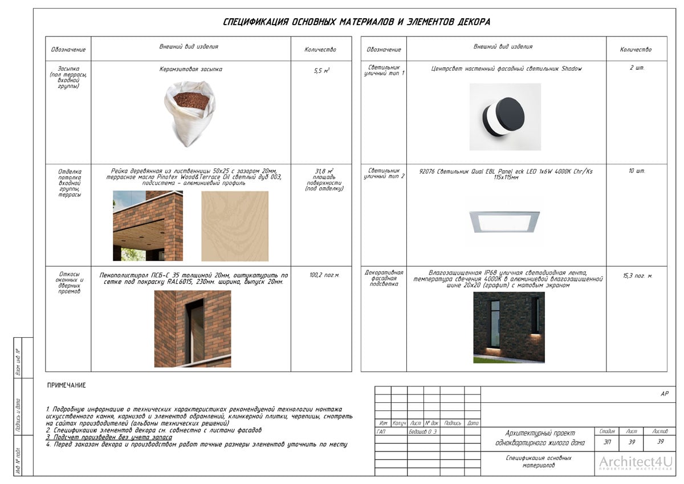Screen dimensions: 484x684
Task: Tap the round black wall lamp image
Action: [x=504, y=117]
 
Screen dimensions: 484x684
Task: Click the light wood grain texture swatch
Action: [x=234, y=226]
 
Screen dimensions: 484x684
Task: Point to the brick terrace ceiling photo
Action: [x=148, y=226]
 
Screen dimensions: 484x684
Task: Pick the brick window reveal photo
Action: [x=193, y=328]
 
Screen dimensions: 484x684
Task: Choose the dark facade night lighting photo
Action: [x=508, y=328]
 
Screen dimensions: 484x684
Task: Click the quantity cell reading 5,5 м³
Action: [x=321, y=71]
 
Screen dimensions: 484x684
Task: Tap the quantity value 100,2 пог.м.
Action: [x=324, y=275]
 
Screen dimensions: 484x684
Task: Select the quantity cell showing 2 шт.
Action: [x=637, y=68]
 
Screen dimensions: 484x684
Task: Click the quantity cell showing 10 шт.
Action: [x=637, y=171]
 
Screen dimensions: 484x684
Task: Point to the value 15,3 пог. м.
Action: [x=637, y=276]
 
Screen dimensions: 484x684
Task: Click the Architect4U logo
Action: [x=636, y=463]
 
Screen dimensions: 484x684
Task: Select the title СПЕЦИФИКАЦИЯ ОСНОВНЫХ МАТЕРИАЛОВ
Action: [x=356, y=22]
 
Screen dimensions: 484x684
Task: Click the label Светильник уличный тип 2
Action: [x=384, y=174]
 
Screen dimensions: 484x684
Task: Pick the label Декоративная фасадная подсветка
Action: [x=384, y=278]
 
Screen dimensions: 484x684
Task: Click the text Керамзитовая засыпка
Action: [x=190, y=70]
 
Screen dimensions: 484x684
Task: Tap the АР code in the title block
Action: [x=664, y=394]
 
